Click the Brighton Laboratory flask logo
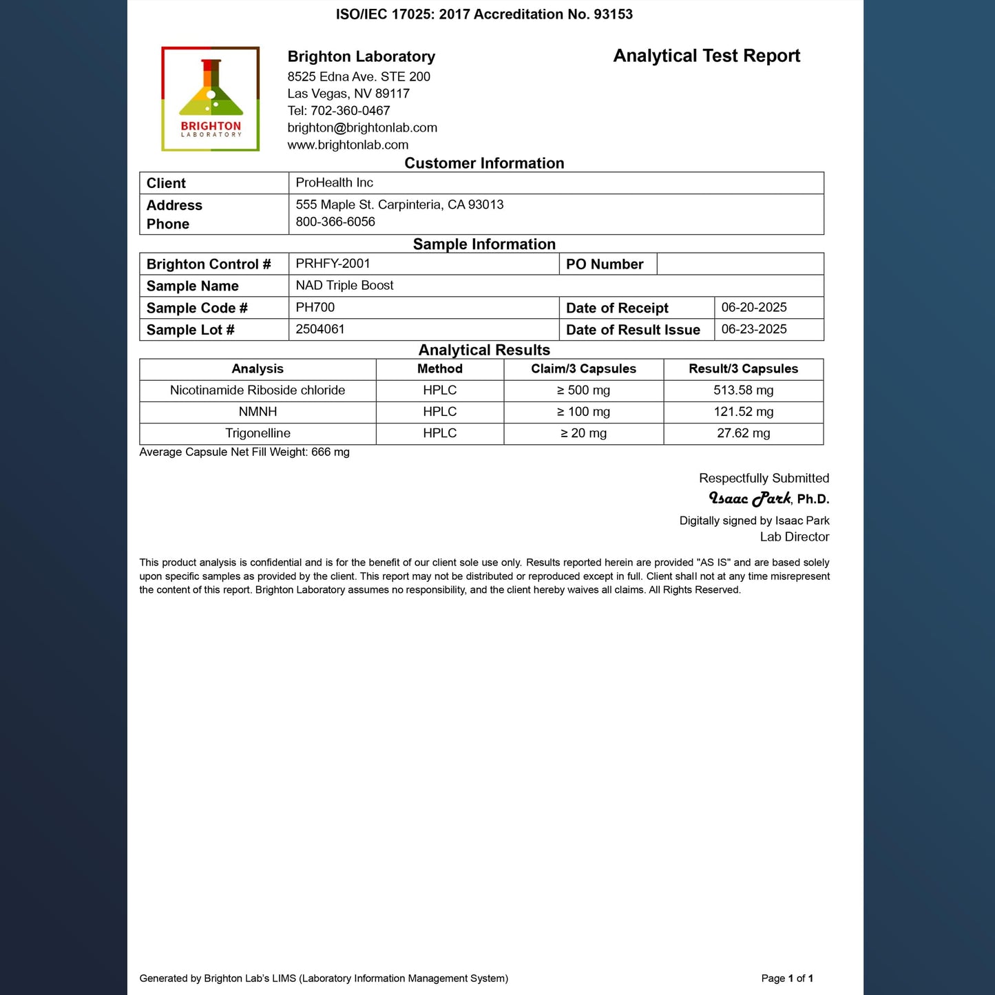coord(211,99)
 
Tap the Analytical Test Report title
coord(706,56)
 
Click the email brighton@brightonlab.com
coord(362,128)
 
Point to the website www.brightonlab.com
coord(348,145)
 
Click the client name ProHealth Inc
coord(335,182)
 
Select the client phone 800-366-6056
coord(335,222)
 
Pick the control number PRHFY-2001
coord(333,264)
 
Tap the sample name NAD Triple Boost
coord(344,285)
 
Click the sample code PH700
coord(315,307)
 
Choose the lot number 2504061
coord(320,329)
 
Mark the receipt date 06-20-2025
coord(754,308)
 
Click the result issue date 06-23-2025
coord(754,329)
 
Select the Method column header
coord(440,369)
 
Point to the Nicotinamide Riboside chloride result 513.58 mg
coord(744,390)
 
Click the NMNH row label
coord(258,412)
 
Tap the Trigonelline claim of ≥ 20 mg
coord(583,433)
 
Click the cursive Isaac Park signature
coord(750,499)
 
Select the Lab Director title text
coord(795,537)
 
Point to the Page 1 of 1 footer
coord(787,978)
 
